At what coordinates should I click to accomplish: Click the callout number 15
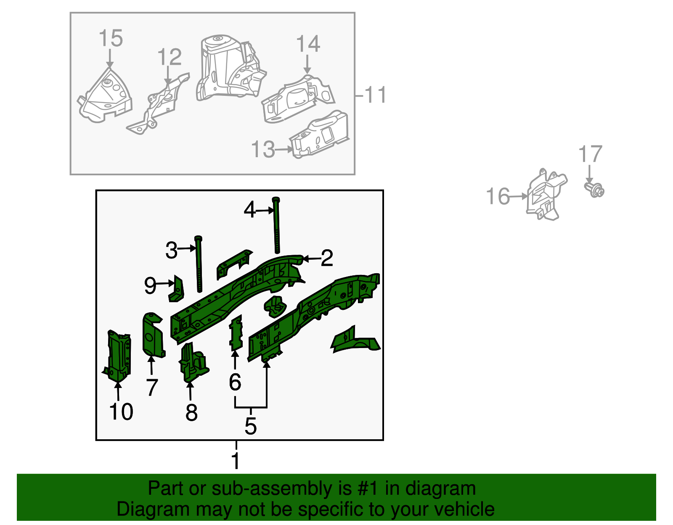111,38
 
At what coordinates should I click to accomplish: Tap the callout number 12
170,57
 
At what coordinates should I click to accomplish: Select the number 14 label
308,44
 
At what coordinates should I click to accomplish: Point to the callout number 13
262,149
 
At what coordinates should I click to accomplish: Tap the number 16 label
498,196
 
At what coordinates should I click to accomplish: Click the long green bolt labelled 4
276,225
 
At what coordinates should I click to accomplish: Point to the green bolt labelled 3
199,264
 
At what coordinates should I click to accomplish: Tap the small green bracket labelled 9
176,289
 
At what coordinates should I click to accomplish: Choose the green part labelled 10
117,356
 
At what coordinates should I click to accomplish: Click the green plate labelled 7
153,335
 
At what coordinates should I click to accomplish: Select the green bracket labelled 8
194,362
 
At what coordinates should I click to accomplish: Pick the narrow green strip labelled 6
236,333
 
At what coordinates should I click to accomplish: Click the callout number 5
251,426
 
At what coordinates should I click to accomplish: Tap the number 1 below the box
236,461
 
